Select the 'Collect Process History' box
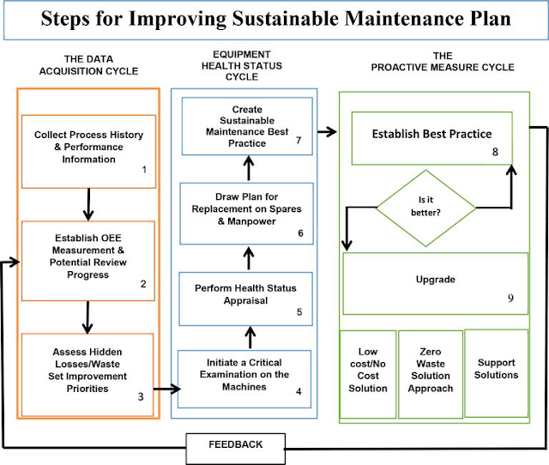click(x=88, y=151)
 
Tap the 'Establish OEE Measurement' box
click(x=88, y=260)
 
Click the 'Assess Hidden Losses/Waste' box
click(x=88, y=371)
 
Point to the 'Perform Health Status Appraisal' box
click(x=247, y=295)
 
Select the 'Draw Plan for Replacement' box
click(x=247, y=214)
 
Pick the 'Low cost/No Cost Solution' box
click(x=369, y=375)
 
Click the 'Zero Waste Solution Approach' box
click(x=430, y=375)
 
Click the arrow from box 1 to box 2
click(x=88, y=204)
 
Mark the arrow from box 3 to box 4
click(x=167, y=390)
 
